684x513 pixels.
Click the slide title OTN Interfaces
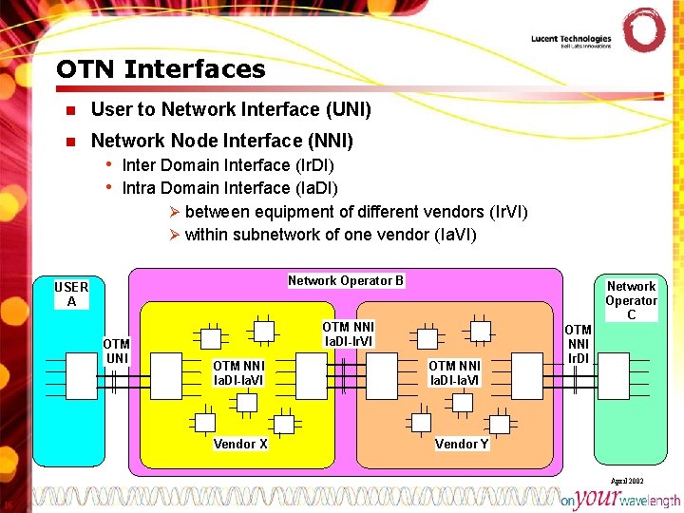coord(161,69)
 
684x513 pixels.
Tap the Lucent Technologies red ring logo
coord(643,30)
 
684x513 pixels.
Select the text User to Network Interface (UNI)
coord(230,110)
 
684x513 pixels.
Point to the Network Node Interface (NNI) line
coord(221,141)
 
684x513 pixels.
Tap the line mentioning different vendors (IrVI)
coord(355,211)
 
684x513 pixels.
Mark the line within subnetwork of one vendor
coord(330,235)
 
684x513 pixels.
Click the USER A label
coord(71,294)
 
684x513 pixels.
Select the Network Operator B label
coord(346,280)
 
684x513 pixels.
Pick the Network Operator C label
coord(631,299)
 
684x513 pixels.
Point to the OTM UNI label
coord(116,351)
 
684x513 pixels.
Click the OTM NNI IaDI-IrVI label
coord(349,333)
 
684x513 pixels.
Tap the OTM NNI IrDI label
coord(578,344)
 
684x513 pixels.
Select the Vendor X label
coord(240,444)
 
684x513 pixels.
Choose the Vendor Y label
coord(462,444)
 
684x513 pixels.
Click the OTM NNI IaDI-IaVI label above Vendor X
coord(238,372)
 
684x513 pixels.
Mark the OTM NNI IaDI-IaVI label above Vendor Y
coord(454,372)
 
